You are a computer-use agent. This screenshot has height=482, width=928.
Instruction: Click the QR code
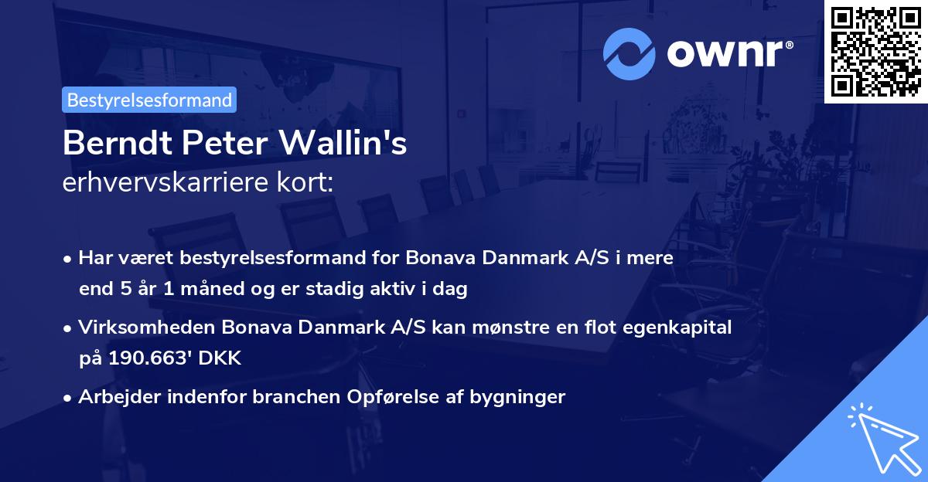(x=875, y=52)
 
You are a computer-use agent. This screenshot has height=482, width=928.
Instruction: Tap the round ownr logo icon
(x=629, y=53)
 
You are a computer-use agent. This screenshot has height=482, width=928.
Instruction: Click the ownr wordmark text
(x=728, y=53)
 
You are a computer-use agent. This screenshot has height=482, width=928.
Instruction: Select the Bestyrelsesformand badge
(x=149, y=100)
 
